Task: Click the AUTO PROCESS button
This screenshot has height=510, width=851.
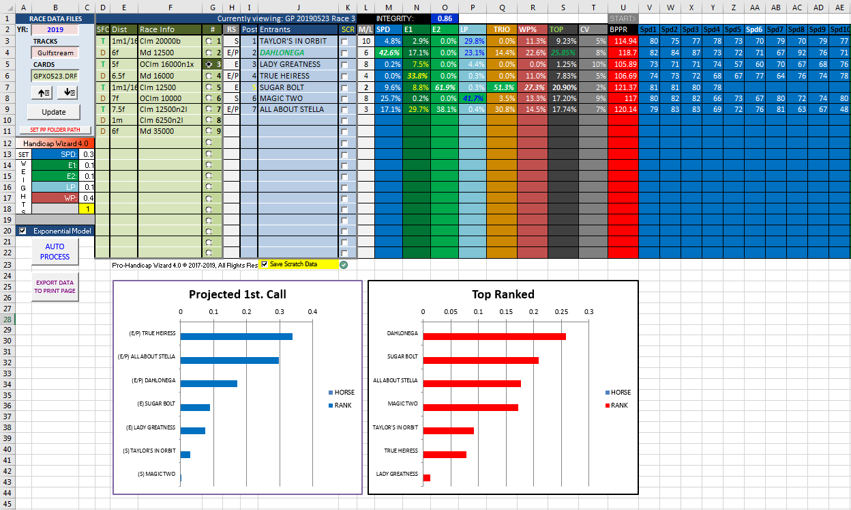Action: point(55,251)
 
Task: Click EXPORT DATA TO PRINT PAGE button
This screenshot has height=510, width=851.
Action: point(55,286)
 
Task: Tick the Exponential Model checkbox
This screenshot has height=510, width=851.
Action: point(23,231)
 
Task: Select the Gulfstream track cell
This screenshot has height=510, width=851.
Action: point(55,53)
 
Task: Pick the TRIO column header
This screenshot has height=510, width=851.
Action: point(502,30)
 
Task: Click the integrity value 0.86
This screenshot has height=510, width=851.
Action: point(445,18)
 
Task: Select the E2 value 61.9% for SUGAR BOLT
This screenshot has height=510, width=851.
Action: point(445,87)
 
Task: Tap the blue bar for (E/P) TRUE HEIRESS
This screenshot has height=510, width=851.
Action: point(236,336)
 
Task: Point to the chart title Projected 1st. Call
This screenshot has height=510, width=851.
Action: point(237,294)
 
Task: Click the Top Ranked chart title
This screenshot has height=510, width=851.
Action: point(503,294)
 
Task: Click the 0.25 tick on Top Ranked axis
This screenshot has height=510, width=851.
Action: point(561,311)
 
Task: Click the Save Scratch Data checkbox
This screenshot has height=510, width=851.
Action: point(264,264)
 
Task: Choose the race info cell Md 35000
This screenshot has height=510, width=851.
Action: point(170,130)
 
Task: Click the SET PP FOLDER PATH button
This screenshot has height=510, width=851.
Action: point(55,130)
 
